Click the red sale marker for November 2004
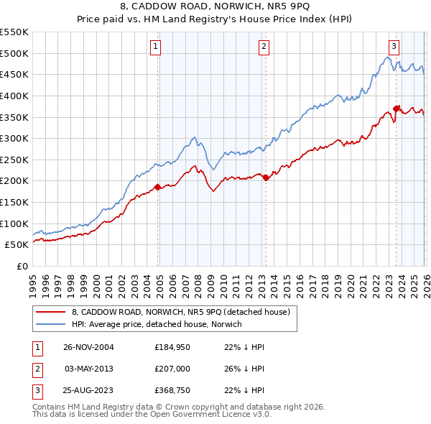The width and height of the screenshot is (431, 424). click(x=158, y=188)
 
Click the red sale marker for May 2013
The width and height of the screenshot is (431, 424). click(x=265, y=178)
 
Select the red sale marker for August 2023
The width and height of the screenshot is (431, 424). click(x=397, y=109)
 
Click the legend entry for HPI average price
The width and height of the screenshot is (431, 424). click(x=157, y=324)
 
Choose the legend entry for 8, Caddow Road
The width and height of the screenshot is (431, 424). click(x=180, y=312)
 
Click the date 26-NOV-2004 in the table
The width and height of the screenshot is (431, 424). click(x=89, y=347)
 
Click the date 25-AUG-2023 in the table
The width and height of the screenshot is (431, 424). click(x=89, y=389)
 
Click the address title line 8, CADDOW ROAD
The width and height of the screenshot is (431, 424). click(x=215, y=8)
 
